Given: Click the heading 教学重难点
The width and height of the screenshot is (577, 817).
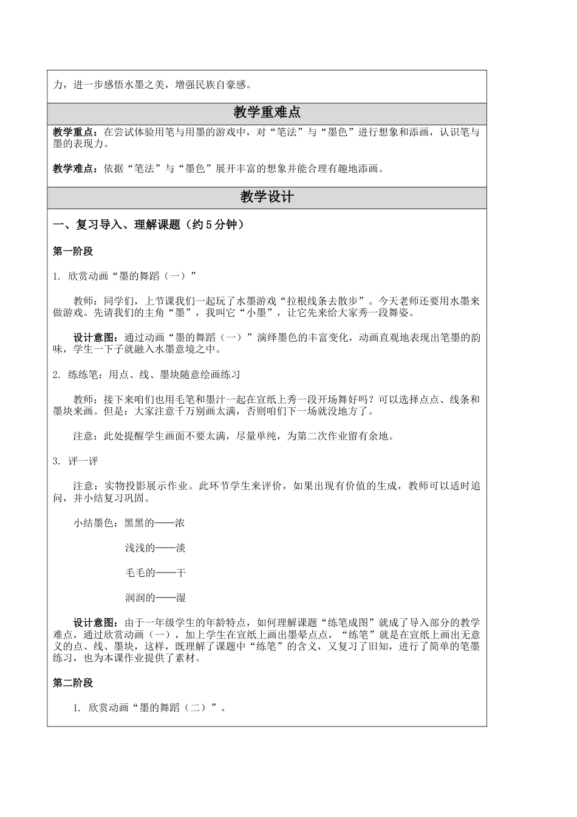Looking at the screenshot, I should pyautogui.click(x=267, y=113).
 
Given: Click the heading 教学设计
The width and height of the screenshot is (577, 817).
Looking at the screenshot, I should pyautogui.click(x=267, y=197).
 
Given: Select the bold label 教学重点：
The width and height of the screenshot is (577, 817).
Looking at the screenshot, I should pyautogui.click(x=73, y=133).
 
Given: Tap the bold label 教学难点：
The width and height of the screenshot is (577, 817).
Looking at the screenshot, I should pyautogui.click(x=73, y=169).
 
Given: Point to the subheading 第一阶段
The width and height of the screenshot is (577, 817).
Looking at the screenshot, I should pyautogui.click(x=73, y=251).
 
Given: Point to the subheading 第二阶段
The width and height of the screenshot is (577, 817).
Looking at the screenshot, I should pyautogui.click(x=73, y=683).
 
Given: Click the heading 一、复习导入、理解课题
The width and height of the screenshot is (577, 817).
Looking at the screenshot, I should pyautogui.click(x=116, y=225).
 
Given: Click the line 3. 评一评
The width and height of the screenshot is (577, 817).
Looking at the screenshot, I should pyautogui.click(x=75, y=461).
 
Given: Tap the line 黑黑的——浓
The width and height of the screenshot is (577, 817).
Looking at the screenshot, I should pyautogui.click(x=155, y=523).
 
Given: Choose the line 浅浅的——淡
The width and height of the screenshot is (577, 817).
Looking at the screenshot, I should pyautogui.click(x=155, y=548).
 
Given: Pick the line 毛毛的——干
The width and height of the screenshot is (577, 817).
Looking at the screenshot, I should pyautogui.click(x=155, y=573).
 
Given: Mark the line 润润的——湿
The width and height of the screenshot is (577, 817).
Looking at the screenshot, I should pyautogui.click(x=155, y=598).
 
